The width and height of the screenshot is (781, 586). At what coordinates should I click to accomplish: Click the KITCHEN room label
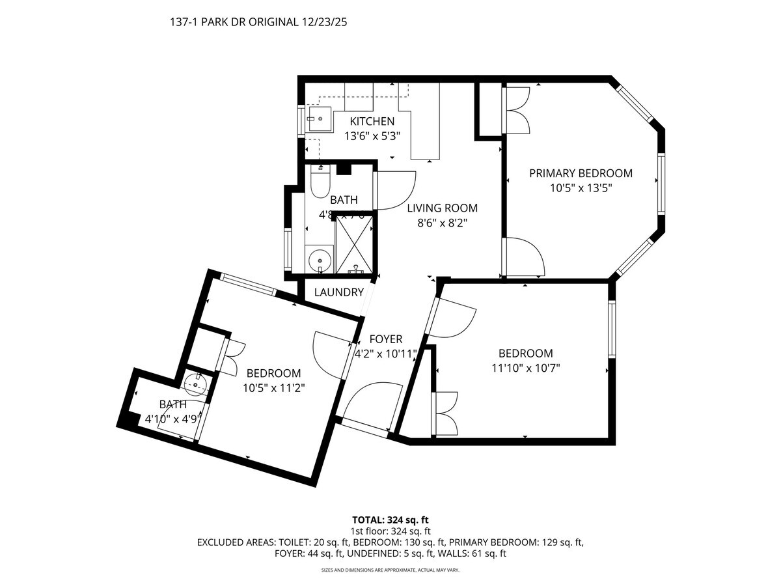[x=372, y=122]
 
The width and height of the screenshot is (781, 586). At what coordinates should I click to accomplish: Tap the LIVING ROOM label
[x=442, y=208]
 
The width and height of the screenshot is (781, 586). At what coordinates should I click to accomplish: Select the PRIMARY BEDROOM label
[x=581, y=173]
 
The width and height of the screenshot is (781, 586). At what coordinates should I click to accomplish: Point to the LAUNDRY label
[x=338, y=292]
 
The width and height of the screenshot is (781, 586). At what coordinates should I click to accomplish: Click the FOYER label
[x=386, y=339]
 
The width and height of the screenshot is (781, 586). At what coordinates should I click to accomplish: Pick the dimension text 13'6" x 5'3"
[x=372, y=137]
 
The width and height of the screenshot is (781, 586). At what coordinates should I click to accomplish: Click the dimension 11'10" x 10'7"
[x=525, y=368]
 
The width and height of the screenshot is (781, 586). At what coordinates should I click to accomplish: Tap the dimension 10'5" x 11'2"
[x=273, y=387]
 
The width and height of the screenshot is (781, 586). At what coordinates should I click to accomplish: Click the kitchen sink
[x=320, y=119]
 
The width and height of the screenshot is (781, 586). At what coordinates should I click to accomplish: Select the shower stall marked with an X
[x=355, y=244]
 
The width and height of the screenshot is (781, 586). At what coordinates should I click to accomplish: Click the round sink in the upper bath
[x=319, y=260]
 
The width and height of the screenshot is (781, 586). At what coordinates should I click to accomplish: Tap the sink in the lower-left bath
[x=196, y=384]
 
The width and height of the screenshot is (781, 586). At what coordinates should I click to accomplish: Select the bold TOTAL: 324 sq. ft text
[x=390, y=520]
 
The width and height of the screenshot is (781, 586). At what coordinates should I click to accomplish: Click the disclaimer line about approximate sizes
[x=390, y=570]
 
